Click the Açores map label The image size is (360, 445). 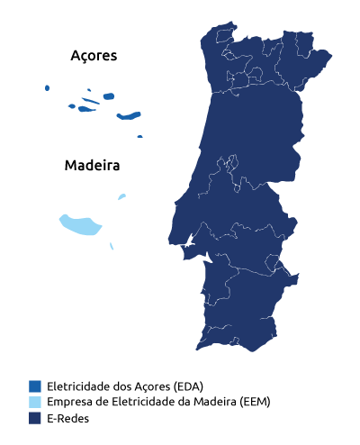[x=94, y=56]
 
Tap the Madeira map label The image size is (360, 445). [x=92, y=167]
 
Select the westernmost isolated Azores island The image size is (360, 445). [x=47, y=88]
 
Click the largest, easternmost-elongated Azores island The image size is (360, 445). [x=130, y=115]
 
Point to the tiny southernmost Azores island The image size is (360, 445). [x=139, y=136]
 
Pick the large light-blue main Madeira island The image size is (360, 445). [x=76, y=224]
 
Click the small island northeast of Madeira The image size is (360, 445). [x=121, y=196]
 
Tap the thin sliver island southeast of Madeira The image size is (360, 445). [x=112, y=246]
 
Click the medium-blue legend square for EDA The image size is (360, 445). [x=35, y=385]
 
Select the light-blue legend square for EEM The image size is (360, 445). [x=35, y=401]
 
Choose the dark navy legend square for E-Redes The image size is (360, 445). [x=35, y=418]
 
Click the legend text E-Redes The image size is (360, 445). [x=67, y=418]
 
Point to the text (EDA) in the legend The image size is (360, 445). [x=188, y=385]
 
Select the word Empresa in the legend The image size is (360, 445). [x=70, y=401]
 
